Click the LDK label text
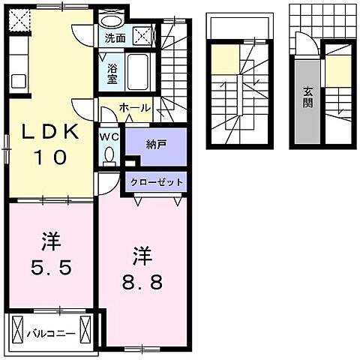point(51,130)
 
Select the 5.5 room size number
point(51,267)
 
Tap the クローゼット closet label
point(156,182)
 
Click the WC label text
point(110,137)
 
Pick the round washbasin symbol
point(112,20)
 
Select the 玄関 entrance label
point(307,97)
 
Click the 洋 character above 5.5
point(50,241)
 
